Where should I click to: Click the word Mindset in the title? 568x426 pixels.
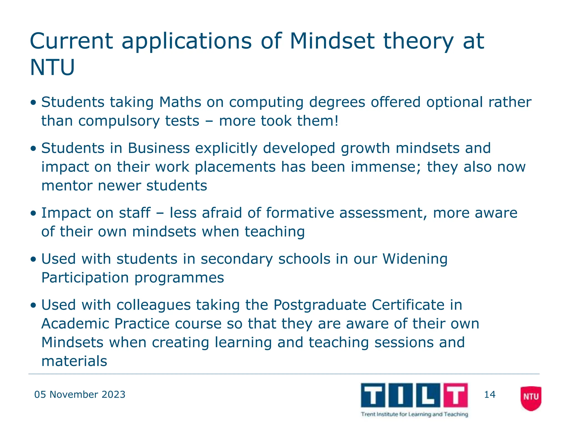(332, 41)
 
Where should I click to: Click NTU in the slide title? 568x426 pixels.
(52, 68)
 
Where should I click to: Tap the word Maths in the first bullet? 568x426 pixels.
(180, 102)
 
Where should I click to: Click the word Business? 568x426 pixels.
(159, 148)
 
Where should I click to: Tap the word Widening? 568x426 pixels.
(415, 259)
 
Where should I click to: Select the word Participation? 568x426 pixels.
(85, 278)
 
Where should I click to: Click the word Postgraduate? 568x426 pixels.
(320, 305)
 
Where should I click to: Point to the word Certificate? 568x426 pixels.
(408, 305)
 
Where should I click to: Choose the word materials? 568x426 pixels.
(74, 361)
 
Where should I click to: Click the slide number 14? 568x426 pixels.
(490, 394)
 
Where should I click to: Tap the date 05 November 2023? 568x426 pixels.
(80, 394)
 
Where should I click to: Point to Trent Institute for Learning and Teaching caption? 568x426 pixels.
(414, 414)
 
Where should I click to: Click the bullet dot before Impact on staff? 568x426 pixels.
(34, 213)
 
